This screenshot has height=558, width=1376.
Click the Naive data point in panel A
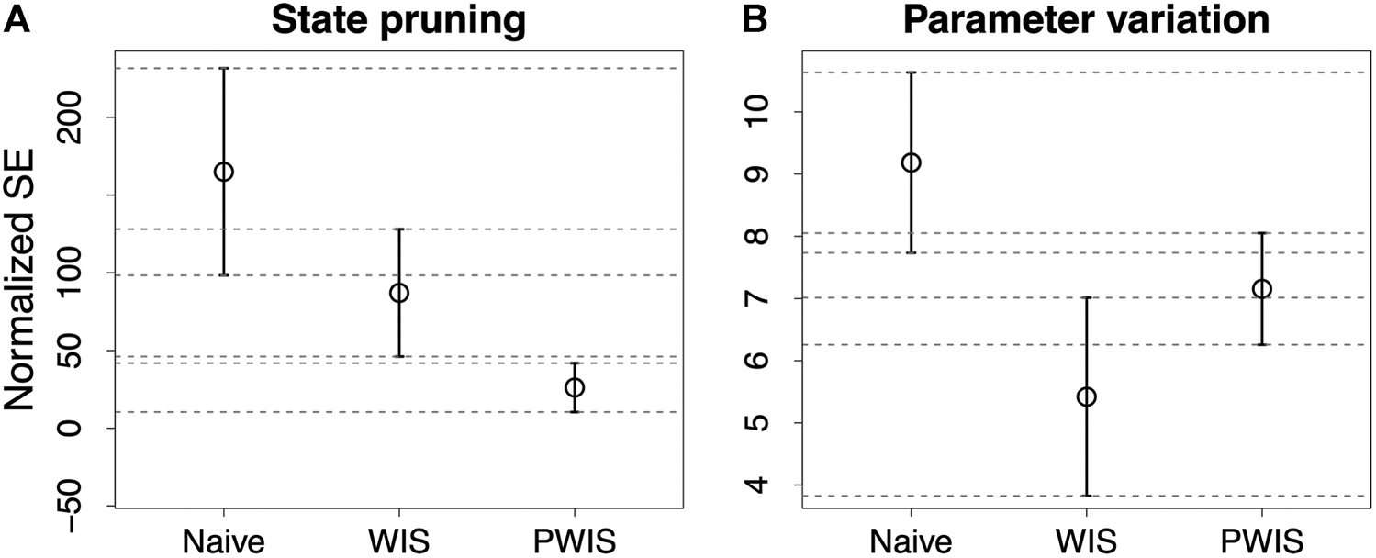[x=223, y=172]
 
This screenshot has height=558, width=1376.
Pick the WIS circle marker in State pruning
[x=398, y=293]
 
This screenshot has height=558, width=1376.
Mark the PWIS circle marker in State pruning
[x=574, y=387]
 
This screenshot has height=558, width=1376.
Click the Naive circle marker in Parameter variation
[x=911, y=162]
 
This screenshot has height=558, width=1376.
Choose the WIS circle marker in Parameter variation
[x=1086, y=396]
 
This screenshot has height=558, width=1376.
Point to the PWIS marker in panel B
[x=1261, y=289]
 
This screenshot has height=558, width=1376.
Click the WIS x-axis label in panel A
[x=398, y=541]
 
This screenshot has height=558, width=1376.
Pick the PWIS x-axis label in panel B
[x=1261, y=541]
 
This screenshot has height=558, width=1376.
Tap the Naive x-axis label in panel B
[x=911, y=541]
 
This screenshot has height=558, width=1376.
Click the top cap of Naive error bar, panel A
[x=223, y=69]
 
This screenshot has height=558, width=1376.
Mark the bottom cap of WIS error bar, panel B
[x=1086, y=496]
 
